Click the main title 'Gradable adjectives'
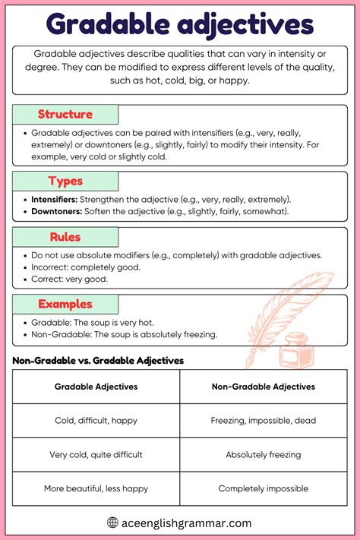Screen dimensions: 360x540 (x=179, y=24)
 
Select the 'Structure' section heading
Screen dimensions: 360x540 (x=65, y=115)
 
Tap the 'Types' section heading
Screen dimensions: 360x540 (x=65, y=181)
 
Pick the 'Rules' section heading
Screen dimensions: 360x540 (x=65, y=237)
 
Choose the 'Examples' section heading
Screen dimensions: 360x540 (x=65, y=304)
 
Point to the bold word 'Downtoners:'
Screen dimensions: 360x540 (x=57, y=210)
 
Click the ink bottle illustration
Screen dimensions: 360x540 (x=291, y=355)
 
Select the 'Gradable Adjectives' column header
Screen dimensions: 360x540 (x=96, y=387)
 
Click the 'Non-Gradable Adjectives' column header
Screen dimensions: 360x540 (x=264, y=387)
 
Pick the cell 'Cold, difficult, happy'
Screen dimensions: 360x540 (x=96, y=420)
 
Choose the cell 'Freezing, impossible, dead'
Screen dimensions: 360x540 (x=264, y=420)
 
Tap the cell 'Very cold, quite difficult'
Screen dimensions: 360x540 (x=96, y=454)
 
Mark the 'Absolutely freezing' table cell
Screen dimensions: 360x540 (x=264, y=454)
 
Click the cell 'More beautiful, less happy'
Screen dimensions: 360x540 (x=96, y=488)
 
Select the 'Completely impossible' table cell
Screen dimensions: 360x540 (x=264, y=488)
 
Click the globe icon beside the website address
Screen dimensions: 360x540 (x=113, y=523)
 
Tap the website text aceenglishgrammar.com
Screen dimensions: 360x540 (x=187, y=523)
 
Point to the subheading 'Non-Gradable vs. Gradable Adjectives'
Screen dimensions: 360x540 (x=98, y=361)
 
